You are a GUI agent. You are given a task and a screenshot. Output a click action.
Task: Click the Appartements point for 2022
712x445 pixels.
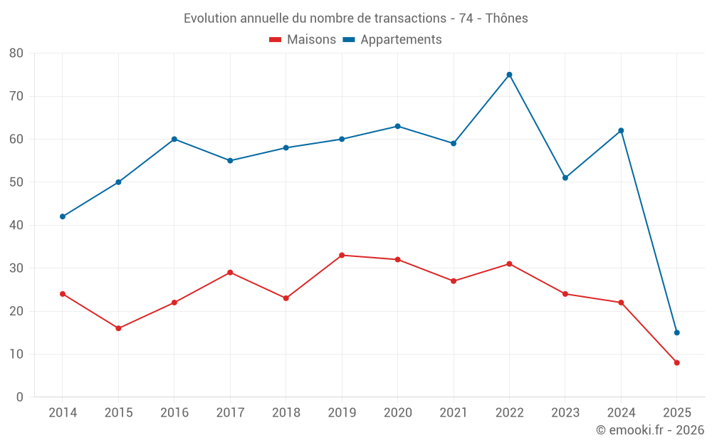pyautogui.click(x=509, y=75)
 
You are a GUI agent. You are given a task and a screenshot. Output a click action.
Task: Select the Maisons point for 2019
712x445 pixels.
pyautogui.click(x=342, y=255)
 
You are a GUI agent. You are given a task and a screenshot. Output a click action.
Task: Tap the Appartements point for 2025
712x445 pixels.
pyautogui.click(x=677, y=333)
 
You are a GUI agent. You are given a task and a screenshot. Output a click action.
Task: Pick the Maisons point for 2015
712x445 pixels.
pyautogui.click(x=118, y=328)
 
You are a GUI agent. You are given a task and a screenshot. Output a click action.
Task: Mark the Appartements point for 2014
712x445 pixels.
pyautogui.click(x=63, y=216)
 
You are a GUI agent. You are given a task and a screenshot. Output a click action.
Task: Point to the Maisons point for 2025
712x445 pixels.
pyautogui.click(x=677, y=362)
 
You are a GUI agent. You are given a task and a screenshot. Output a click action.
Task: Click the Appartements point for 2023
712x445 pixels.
pyautogui.click(x=565, y=178)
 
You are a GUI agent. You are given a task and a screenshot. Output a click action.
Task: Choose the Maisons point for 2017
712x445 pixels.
pyautogui.click(x=230, y=273)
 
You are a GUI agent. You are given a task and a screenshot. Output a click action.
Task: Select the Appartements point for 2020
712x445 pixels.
pyautogui.click(x=397, y=126)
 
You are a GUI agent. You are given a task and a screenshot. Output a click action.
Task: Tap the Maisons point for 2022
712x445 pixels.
pyautogui.click(x=509, y=264)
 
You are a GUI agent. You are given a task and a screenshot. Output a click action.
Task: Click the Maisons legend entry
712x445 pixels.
pyautogui.click(x=303, y=40)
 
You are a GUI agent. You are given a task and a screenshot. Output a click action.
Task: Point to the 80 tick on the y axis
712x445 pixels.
pyautogui.click(x=16, y=53)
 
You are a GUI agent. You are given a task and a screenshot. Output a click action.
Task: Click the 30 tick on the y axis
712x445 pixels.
pyautogui.click(x=16, y=268)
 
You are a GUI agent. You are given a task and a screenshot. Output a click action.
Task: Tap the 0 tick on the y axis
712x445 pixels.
pyautogui.click(x=20, y=397)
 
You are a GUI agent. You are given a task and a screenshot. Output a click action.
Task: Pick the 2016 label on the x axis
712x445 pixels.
pyautogui.click(x=174, y=413)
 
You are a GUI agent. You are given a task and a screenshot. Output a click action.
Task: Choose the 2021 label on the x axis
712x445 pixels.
pyautogui.click(x=454, y=413)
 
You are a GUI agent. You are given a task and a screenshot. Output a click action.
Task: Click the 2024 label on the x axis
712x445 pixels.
pyautogui.click(x=621, y=413)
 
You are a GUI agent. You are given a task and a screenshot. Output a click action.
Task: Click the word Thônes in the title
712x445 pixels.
pyautogui.click(x=507, y=19)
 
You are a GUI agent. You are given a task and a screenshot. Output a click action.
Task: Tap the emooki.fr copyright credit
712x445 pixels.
pyautogui.click(x=650, y=430)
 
